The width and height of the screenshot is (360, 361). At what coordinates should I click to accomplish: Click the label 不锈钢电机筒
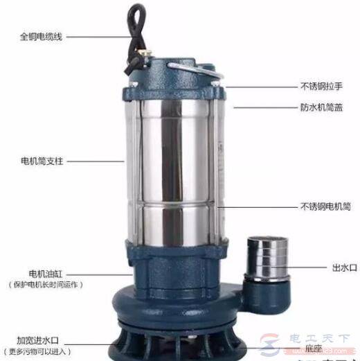[325, 206]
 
